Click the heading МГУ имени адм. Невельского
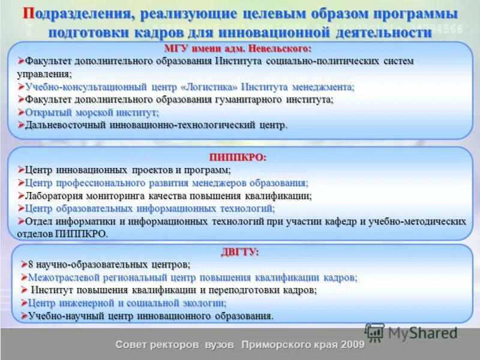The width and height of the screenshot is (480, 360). pos(238,48)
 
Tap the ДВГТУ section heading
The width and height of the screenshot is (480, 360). pos(239,252)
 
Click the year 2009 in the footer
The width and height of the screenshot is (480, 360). pos(353,345)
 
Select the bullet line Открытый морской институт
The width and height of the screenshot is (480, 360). pos(91,112)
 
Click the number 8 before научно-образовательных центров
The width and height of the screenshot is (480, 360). pos(32,264)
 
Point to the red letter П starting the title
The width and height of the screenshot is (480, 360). pos(28,13)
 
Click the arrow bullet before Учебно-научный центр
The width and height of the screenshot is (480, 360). pos(24,315)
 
